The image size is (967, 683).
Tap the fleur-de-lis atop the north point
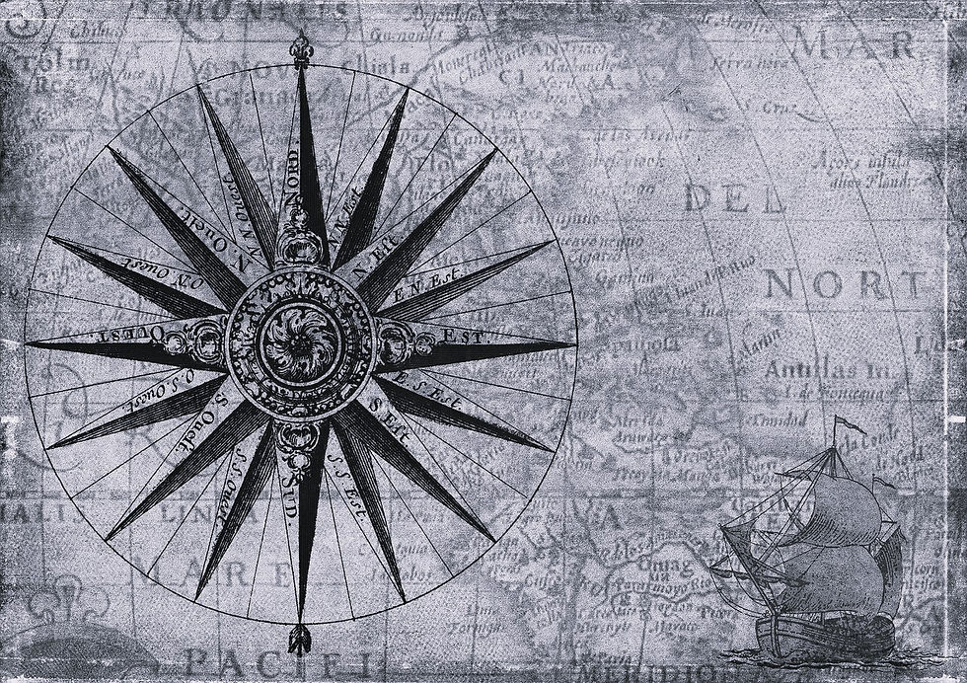[x=299, y=49]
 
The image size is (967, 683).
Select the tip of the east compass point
[x=571, y=344]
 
